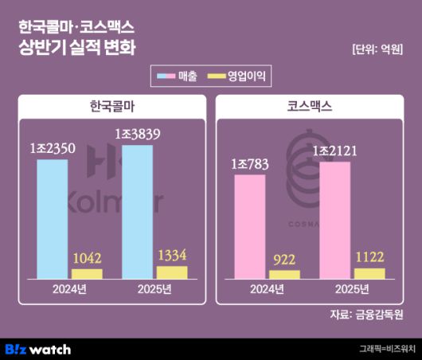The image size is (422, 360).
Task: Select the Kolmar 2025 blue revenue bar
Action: [x=136, y=212]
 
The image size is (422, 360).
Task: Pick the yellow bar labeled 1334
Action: [x=172, y=272]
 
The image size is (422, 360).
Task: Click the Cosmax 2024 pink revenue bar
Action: [x=250, y=227]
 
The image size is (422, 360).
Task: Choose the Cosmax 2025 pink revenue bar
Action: [x=334, y=221]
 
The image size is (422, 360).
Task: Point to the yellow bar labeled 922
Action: [x=285, y=275]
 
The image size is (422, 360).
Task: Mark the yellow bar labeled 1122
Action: [x=369, y=273]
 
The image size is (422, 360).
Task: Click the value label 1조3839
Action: [x=138, y=135]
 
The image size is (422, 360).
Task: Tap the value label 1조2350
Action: [x=53, y=149]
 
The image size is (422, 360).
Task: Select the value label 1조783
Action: [x=250, y=165]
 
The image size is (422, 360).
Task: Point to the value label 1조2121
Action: [x=335, y=151]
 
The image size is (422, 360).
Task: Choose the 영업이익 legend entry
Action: [x=239, y=76]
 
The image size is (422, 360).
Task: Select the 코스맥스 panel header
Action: [x=309, y=106]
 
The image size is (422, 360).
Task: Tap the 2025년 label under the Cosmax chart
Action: [x=351, y=289]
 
